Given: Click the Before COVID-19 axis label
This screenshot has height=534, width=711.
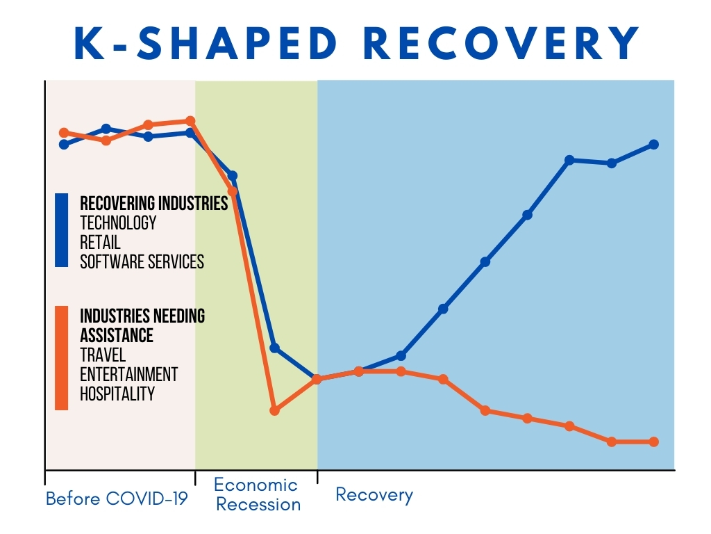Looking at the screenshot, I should click(117, 499).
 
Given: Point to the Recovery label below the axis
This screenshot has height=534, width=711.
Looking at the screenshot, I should click(374, 495).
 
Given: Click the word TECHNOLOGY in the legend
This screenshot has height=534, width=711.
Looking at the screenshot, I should click(118, 222).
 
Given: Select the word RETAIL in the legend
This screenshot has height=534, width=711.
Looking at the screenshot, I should click(100, 242).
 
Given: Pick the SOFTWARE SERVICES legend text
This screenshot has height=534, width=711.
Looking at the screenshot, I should click(142, 261).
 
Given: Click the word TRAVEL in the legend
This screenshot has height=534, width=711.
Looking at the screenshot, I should click(103, 355).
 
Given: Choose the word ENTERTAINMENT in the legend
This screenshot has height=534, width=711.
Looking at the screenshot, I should click(128, 374).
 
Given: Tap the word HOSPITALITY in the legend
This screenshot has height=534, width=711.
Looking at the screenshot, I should click(117, 394).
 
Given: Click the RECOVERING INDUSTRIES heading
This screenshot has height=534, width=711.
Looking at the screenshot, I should click(153, 203).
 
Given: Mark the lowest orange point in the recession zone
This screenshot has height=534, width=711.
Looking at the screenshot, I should click(274, 410).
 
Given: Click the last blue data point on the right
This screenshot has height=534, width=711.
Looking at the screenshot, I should click(654, 145).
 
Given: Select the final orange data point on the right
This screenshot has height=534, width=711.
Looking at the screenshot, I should click(654, 442).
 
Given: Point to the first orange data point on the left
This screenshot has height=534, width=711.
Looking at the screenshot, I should click(64, 132).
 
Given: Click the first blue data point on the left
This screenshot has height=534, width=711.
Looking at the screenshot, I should click(64, 145).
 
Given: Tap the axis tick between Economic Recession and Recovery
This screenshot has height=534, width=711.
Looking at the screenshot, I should click(317, 476).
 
